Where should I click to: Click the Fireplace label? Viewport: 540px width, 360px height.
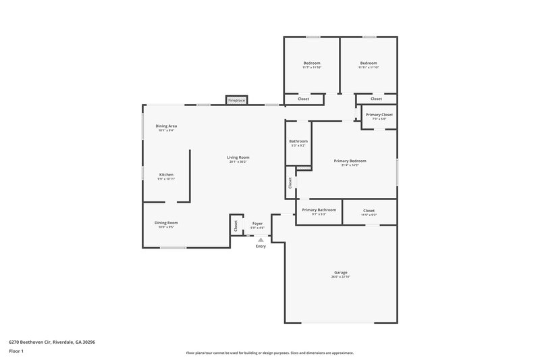(236, 100)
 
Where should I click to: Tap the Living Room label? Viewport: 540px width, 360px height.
(238, 157)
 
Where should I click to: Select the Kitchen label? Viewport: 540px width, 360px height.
(166, 174)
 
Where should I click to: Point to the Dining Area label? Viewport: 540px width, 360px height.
(166, 126)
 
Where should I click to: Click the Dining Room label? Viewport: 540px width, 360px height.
(166, 223)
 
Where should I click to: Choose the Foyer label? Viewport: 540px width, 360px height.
(257, 223)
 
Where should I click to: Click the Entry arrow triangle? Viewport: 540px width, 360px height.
(261, 240)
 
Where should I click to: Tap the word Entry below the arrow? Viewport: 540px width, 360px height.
(261, 247)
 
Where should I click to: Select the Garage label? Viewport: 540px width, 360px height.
(340, 273)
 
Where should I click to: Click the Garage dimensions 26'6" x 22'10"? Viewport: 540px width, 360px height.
(340, 278)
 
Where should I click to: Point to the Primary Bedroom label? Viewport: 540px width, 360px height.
(350, 161)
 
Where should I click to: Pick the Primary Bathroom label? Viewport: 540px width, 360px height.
(319, 210)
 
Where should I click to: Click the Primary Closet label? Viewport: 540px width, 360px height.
(379, 115)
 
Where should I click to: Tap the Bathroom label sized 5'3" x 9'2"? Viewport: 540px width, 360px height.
(298, 141)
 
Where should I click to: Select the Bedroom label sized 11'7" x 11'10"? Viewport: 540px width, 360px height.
(311, 63)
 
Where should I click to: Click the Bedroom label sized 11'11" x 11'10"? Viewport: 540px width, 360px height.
(369, 63)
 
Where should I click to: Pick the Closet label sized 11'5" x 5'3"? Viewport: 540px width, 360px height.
(369, 211)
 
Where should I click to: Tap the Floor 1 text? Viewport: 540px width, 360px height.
(17, 352)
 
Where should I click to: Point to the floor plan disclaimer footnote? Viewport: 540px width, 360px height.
(269, 353)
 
